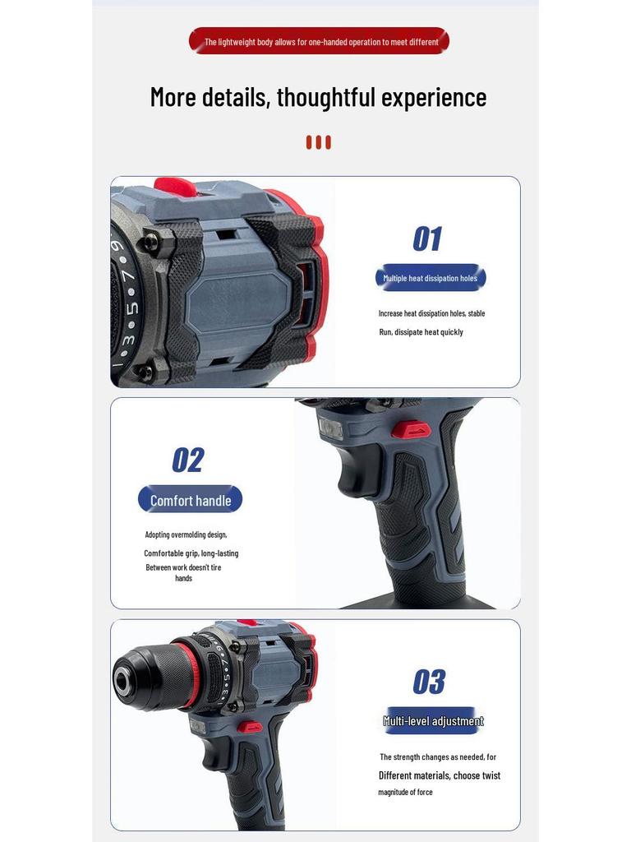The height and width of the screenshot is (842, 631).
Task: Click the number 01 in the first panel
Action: [427, 239]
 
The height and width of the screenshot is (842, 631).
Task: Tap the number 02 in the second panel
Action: [187, 460]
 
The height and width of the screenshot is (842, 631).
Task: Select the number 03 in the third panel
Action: [428, 682]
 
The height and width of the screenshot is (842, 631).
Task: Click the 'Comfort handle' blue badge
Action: [191, 500]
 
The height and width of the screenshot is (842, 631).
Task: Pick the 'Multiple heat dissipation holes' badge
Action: [431, 278]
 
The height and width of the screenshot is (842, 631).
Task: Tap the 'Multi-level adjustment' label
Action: [433, 721]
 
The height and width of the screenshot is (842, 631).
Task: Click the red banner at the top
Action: [319, 41]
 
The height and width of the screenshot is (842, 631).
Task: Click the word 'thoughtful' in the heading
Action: [338, 97]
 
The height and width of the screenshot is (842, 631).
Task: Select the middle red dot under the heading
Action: [319, 142]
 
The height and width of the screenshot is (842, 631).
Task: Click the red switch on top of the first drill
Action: [175, 187]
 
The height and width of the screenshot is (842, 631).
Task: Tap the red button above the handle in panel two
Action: [410, 429]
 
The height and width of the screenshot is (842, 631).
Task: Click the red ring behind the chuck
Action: [190, 674]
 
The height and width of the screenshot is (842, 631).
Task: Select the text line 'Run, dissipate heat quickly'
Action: [421, 332]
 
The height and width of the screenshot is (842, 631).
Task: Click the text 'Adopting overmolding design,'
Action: [186, 534]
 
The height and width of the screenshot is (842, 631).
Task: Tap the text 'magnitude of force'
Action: [405, 792]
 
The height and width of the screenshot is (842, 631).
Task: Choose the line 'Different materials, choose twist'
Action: [439, 775]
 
